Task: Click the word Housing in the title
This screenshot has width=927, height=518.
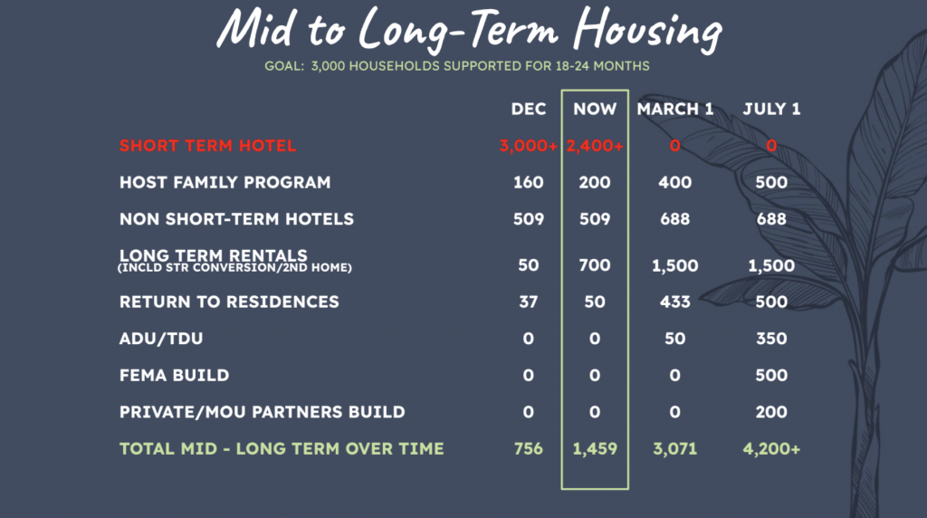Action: point(647,30)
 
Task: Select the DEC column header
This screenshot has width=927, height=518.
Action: point(529,109)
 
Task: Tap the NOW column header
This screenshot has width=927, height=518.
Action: point(595,109)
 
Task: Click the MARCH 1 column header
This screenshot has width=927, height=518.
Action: point(675,109)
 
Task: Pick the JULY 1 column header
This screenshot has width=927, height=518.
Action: point(771,109)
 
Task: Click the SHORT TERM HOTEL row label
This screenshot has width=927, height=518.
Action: point(207,146)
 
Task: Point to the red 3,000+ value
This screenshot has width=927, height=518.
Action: point(529,146)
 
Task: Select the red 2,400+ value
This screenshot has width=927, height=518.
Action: point(595,146)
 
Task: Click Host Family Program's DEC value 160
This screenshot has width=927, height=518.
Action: point(529,182)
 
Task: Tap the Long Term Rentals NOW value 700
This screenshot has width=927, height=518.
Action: point(595,265)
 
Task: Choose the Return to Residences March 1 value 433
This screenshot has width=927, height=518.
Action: point(675,302)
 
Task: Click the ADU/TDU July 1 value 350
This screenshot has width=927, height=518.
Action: point(771,338)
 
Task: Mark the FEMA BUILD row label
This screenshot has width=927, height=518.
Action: point(175,375)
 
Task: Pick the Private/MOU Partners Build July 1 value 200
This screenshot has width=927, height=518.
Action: point(771,411)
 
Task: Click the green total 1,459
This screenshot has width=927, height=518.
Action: point(595,449)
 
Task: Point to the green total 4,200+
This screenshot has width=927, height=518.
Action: point(771,449)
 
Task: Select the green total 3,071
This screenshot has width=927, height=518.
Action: point(675,449)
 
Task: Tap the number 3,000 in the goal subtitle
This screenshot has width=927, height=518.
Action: point(328,66)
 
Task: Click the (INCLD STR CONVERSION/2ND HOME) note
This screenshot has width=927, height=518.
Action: point(234,268)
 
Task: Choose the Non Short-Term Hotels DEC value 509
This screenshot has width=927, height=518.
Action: point(529,219)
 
